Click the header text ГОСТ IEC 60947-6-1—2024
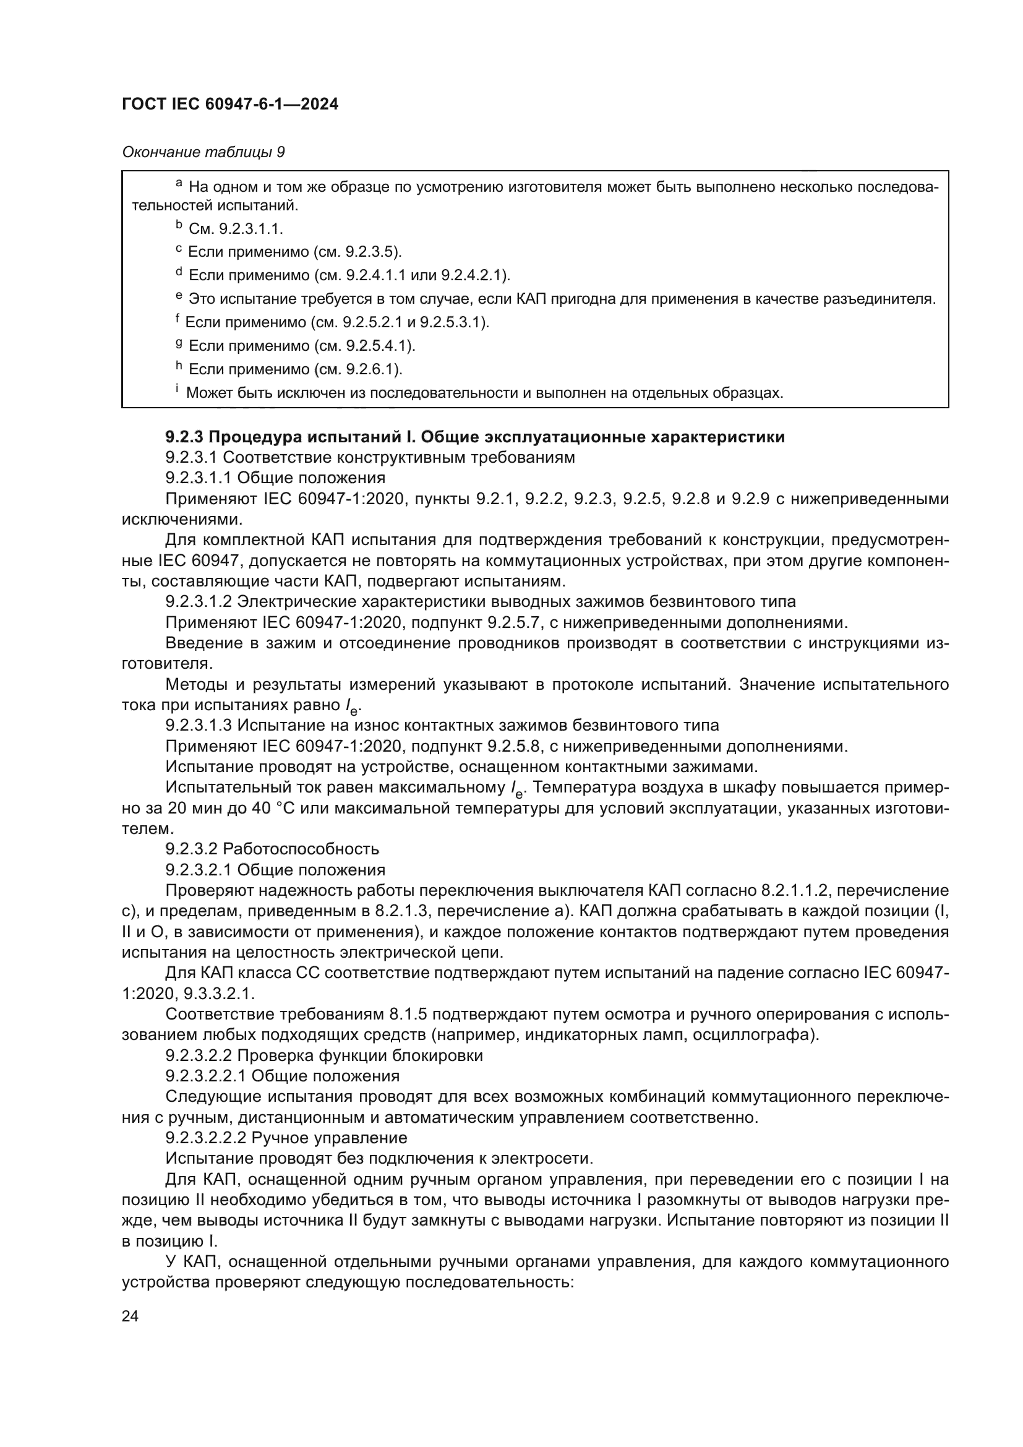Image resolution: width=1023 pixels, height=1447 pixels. (230, 104)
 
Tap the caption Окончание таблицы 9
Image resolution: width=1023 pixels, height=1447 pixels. (203, 152)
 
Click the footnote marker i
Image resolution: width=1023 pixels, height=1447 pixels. (177, 390)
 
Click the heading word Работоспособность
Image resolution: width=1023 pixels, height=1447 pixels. (301, 849)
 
